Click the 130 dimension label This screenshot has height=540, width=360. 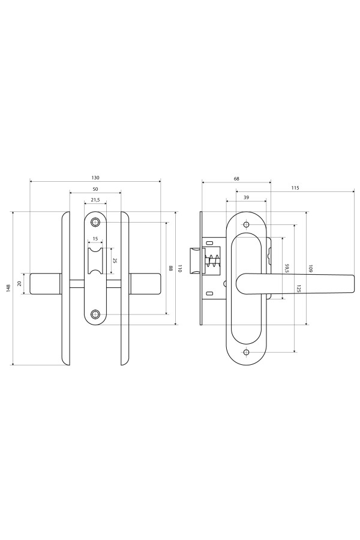coord(95,178)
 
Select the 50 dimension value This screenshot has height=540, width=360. coord(95,189)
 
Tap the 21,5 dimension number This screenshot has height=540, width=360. coord(95,200)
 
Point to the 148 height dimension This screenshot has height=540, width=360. coord(8,288)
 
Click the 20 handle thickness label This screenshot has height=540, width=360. coord(20,283)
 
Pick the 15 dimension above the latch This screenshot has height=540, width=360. coord(95,239)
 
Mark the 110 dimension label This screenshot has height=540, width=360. coord(179,269)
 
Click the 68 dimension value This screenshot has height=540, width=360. coord(236,179)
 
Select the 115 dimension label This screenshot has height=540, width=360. coord(295,188)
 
